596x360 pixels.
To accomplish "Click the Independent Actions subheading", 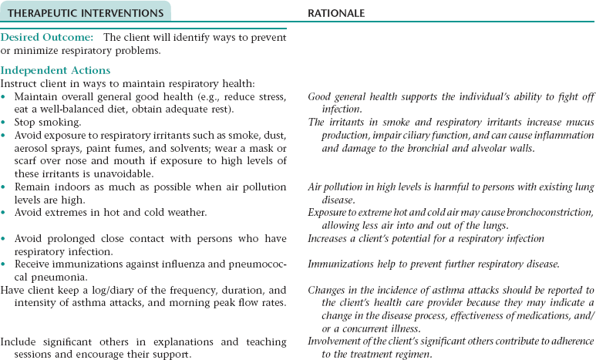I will [56, 71].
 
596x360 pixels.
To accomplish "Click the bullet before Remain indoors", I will [4, 187].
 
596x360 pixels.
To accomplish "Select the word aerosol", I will [32, 147].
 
